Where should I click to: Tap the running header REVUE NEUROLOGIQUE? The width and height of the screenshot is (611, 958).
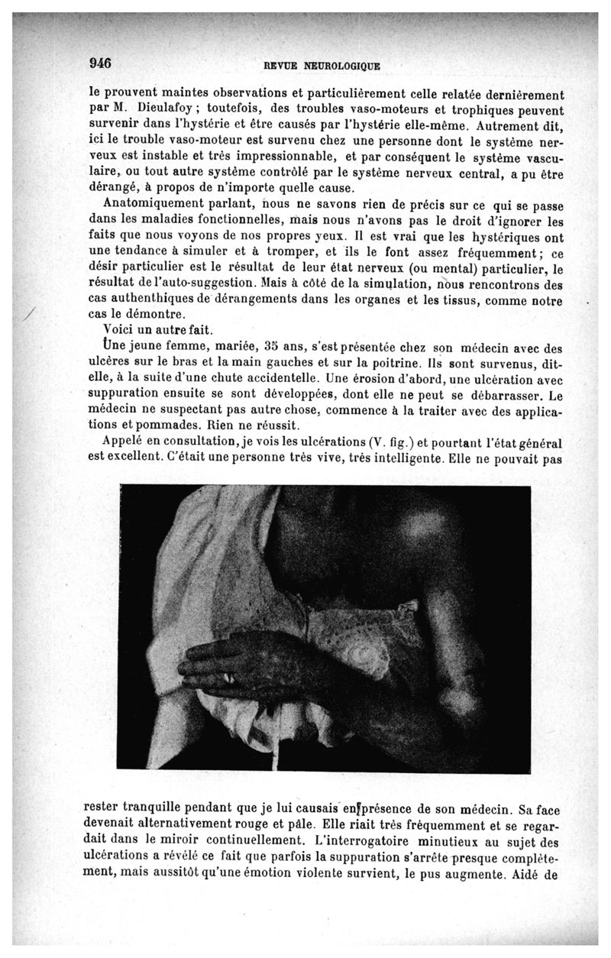click(322, 66)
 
